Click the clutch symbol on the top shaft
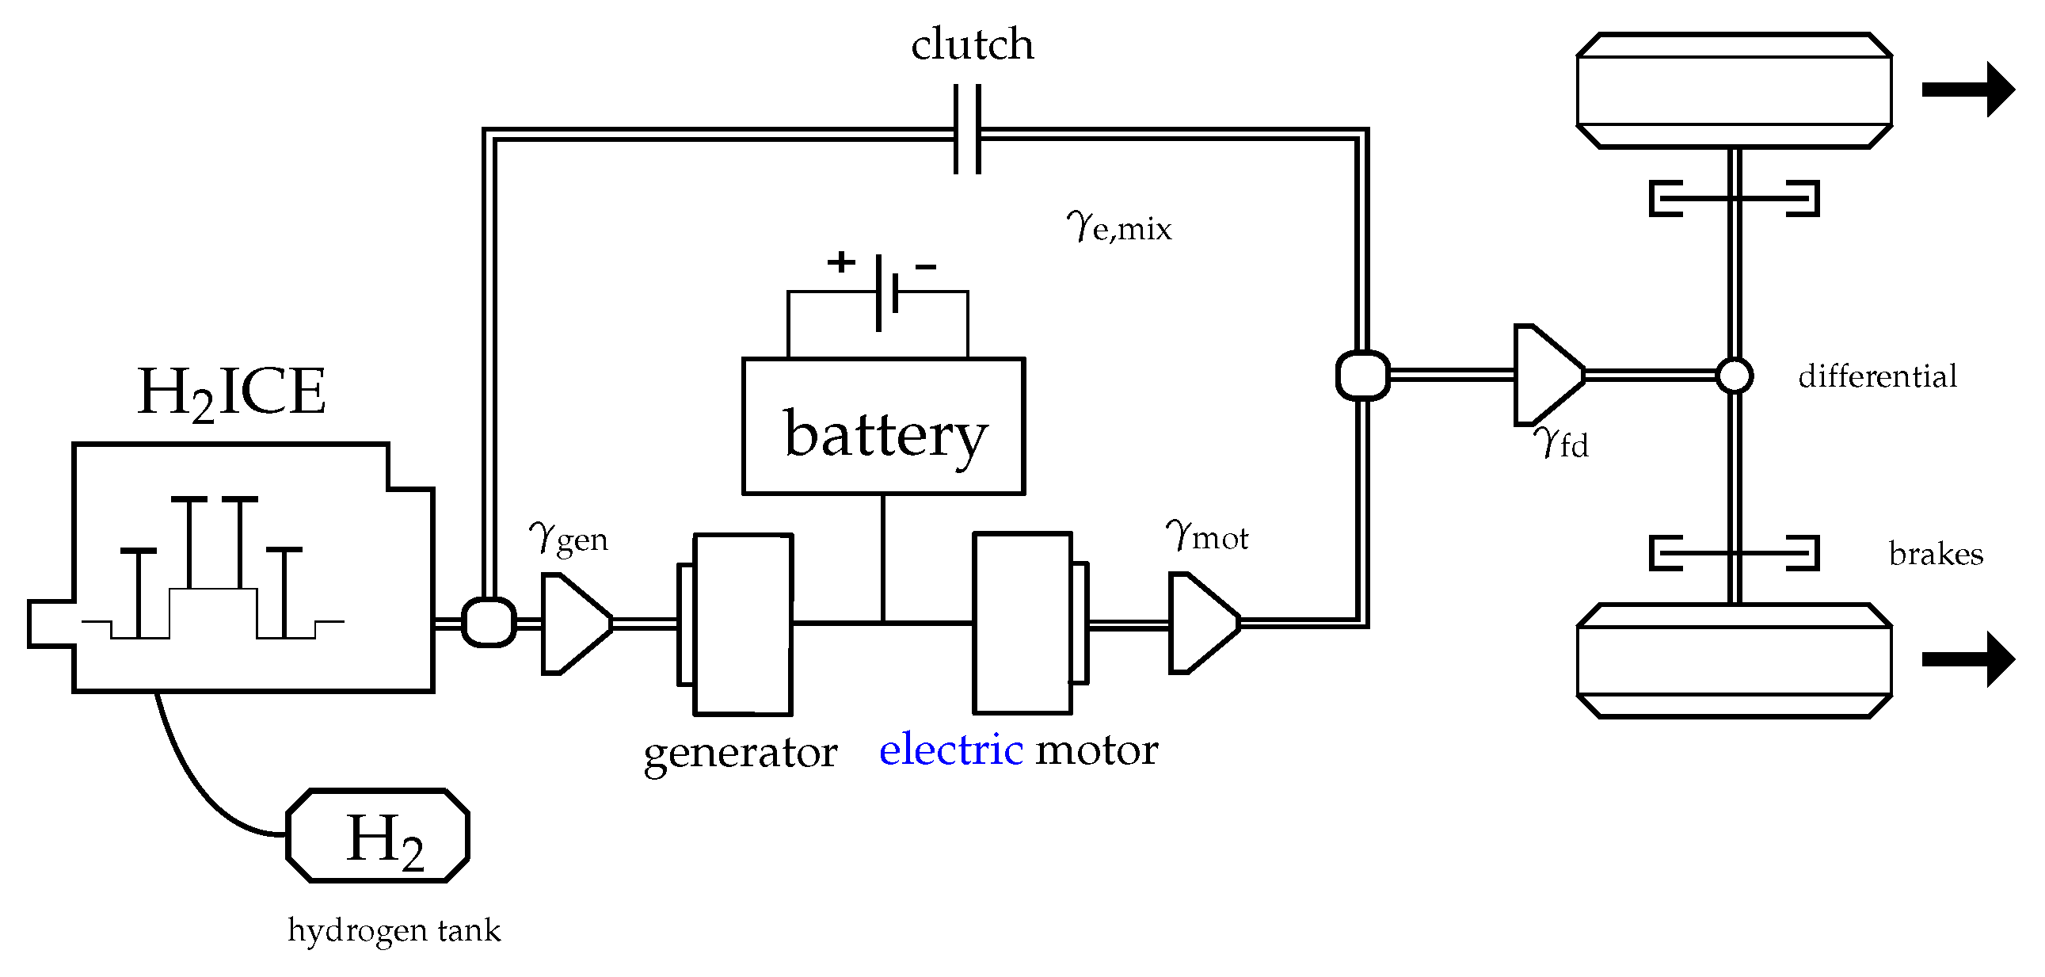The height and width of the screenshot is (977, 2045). (967, 129)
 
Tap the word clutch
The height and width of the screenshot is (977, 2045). (972, 44)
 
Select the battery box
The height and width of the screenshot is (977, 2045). (884, 426)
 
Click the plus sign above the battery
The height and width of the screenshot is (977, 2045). (840, 261)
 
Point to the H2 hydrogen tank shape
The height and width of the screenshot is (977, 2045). (378, 836)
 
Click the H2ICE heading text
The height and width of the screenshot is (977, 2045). (231, 392)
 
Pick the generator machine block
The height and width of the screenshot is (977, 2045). (742, 624)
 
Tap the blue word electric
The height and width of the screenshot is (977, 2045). (950, 750)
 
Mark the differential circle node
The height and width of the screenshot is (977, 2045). (1735, 376)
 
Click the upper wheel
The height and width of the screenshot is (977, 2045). (1734, 90)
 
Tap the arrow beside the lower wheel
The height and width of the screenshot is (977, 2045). (1967, 659)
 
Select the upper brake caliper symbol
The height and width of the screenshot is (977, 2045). (1734, 199)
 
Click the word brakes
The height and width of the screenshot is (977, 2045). (1936, 554)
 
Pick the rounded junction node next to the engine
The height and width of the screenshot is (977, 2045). (489, 622)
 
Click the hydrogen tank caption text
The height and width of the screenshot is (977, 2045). (394, 930)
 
